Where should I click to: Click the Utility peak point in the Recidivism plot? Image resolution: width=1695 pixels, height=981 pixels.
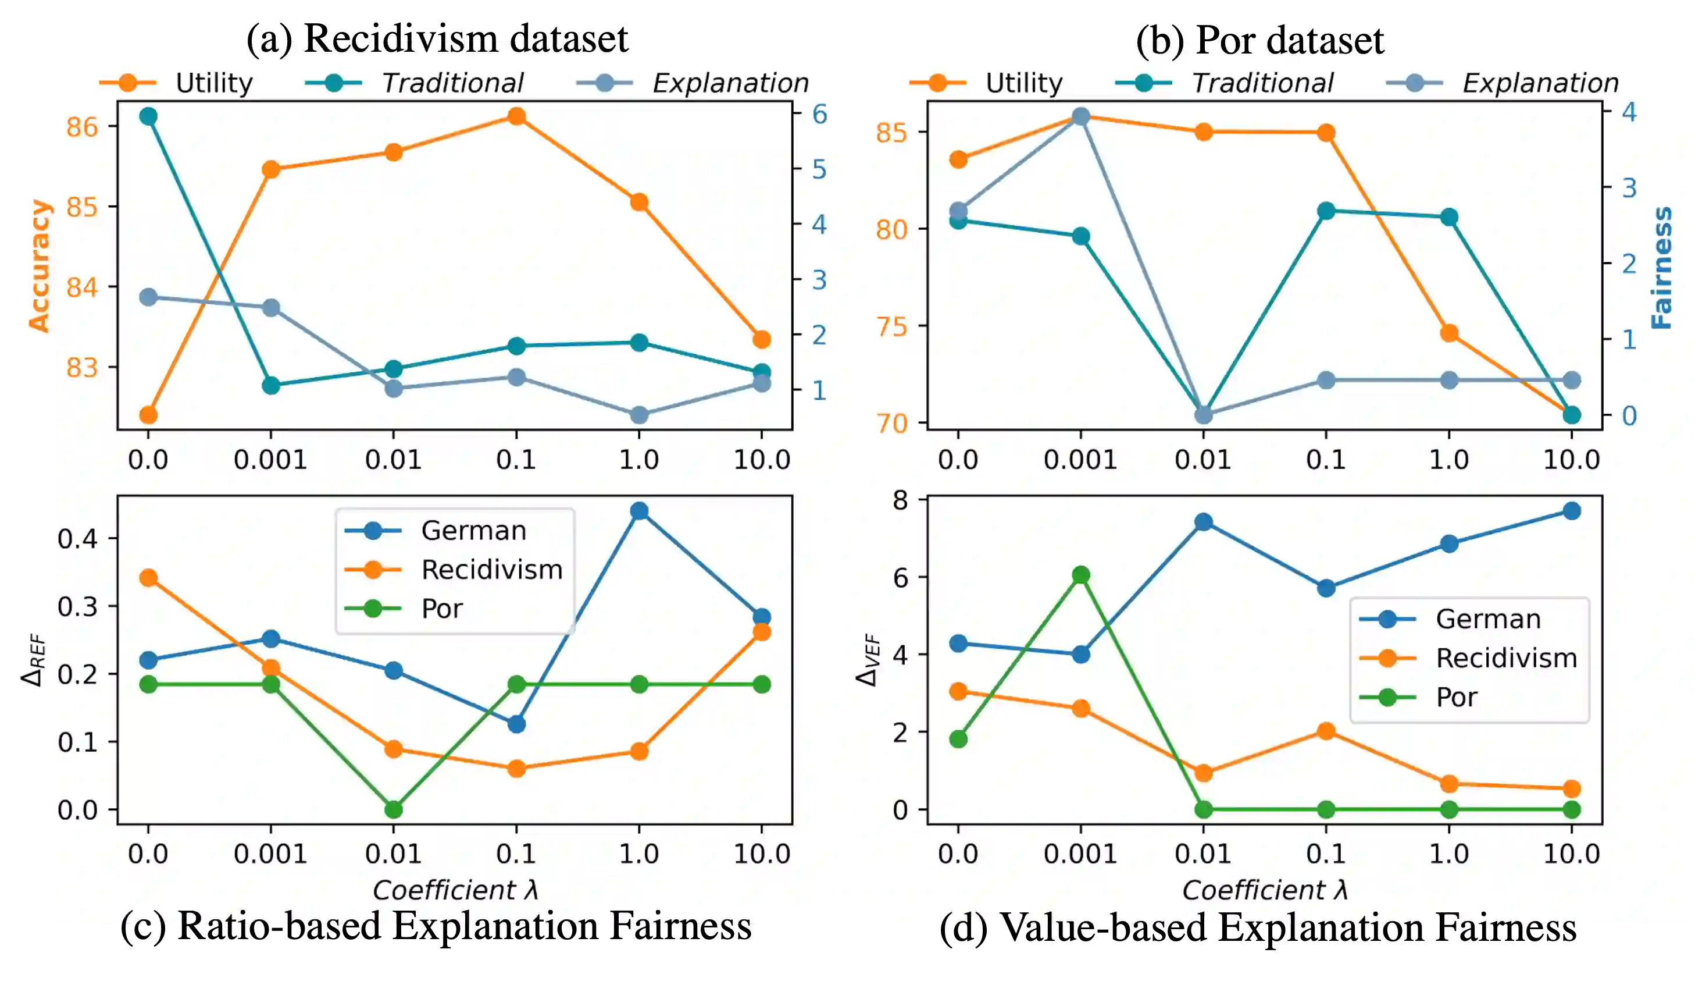click(x=516, y=116)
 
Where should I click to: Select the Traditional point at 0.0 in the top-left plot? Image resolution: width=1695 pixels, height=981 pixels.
click(x=148, y=116)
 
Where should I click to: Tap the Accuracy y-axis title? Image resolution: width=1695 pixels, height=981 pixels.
click(x=39, y=266)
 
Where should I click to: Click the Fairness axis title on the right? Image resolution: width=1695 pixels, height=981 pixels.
click(x=1661, y=267)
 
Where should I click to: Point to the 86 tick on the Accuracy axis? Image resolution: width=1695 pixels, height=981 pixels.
click(x=82, y=126)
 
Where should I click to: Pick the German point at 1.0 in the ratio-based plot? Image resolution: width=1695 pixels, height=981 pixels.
click(x=639, y=511)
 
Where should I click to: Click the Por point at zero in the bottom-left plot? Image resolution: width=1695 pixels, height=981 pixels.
click(x=394, y=809)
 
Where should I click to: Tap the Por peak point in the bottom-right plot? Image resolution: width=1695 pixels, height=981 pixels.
click(x=1081, y=575)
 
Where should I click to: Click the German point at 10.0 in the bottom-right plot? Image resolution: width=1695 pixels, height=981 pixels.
click(x=1571, y=511)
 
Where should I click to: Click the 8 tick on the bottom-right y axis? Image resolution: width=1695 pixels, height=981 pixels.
click(x=900, y=500)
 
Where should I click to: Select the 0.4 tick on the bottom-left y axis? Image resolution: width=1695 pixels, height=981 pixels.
click(x=77, y=538)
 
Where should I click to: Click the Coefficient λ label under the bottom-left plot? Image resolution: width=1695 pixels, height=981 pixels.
click(x=455, y=890)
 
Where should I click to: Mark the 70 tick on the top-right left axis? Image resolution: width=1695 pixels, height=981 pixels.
click(x=892, y=424)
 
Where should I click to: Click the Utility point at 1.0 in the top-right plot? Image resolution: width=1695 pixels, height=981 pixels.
click(x=1449, y=333)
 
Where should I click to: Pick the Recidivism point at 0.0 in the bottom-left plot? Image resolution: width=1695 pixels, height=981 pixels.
click(x=148, y=577)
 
